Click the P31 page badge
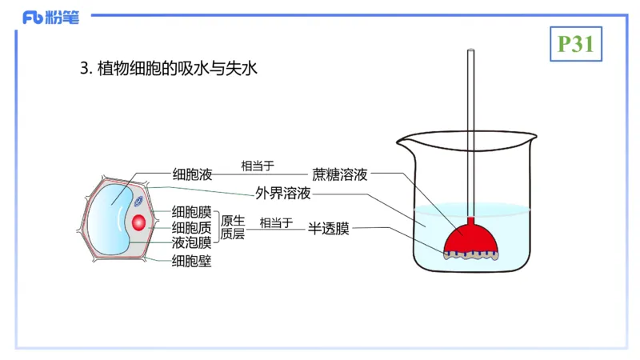pos(575,45)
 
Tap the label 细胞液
pos(192,174)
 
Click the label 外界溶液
pos(283,194)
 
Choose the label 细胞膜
pos(192,212)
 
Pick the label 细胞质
pos(192,227)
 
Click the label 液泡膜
pos(192,242)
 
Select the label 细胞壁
pos(192,260)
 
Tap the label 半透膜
pos(329,228)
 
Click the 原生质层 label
pos(233,227)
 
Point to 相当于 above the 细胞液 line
pos(258,166)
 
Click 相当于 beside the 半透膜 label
pos(276,222)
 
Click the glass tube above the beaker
pos(471,120)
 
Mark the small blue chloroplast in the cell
pos(139,202)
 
